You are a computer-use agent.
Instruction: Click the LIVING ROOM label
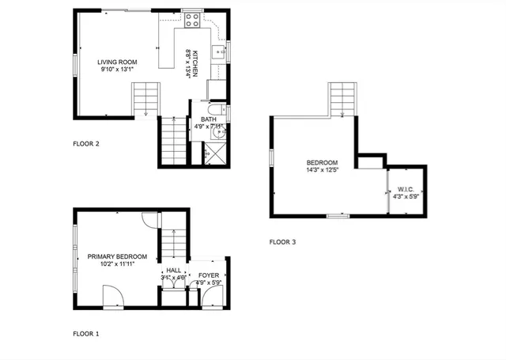point(118,62)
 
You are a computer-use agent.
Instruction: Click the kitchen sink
point(223,53)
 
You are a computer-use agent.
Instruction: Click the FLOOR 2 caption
point(86,144)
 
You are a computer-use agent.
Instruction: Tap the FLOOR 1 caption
point(86,334)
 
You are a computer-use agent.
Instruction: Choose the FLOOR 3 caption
point(282,241)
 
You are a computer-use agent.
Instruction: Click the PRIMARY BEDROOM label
point(117,256)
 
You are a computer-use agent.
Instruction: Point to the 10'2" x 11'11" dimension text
point(117,264)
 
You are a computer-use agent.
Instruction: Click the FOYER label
point(209,275)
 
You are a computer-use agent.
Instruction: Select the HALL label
point(173,271)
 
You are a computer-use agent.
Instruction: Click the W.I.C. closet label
point(406,189)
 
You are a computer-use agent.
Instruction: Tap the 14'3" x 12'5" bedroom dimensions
point(322,170)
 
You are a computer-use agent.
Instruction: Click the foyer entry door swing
point(210,297)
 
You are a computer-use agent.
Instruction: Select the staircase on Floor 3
point(342,99)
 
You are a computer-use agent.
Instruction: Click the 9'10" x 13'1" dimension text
point(118,70)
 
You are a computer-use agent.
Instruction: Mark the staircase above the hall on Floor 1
point(173,244)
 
